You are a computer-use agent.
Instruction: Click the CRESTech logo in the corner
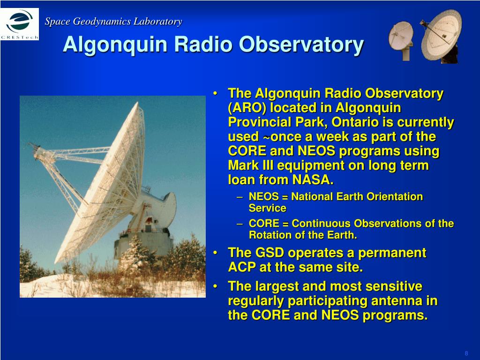coord(20,24)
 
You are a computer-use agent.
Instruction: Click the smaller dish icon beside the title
coord(401,40)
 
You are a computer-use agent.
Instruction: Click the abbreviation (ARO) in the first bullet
coord(247,108)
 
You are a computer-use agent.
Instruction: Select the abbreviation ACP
coord(242,267)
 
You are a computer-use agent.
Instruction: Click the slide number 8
coord(466,353)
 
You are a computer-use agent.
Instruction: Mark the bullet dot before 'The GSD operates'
coord(216,253)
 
